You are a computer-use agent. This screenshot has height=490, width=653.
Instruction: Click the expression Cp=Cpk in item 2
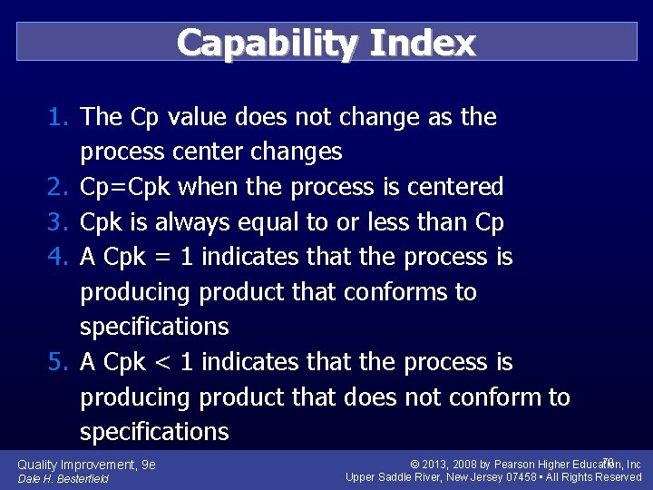(x=126, y=188)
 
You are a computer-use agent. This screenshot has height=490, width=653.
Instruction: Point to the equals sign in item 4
(x=163, y=258)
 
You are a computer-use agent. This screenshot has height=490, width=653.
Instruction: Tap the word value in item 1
(x=195, y=117)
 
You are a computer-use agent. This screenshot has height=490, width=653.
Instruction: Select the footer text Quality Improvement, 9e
(x=86, y=465)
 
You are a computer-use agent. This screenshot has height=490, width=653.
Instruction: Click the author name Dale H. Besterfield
(x=63, y=478)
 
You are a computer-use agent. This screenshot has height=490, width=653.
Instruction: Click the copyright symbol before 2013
(x=414, y=465)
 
